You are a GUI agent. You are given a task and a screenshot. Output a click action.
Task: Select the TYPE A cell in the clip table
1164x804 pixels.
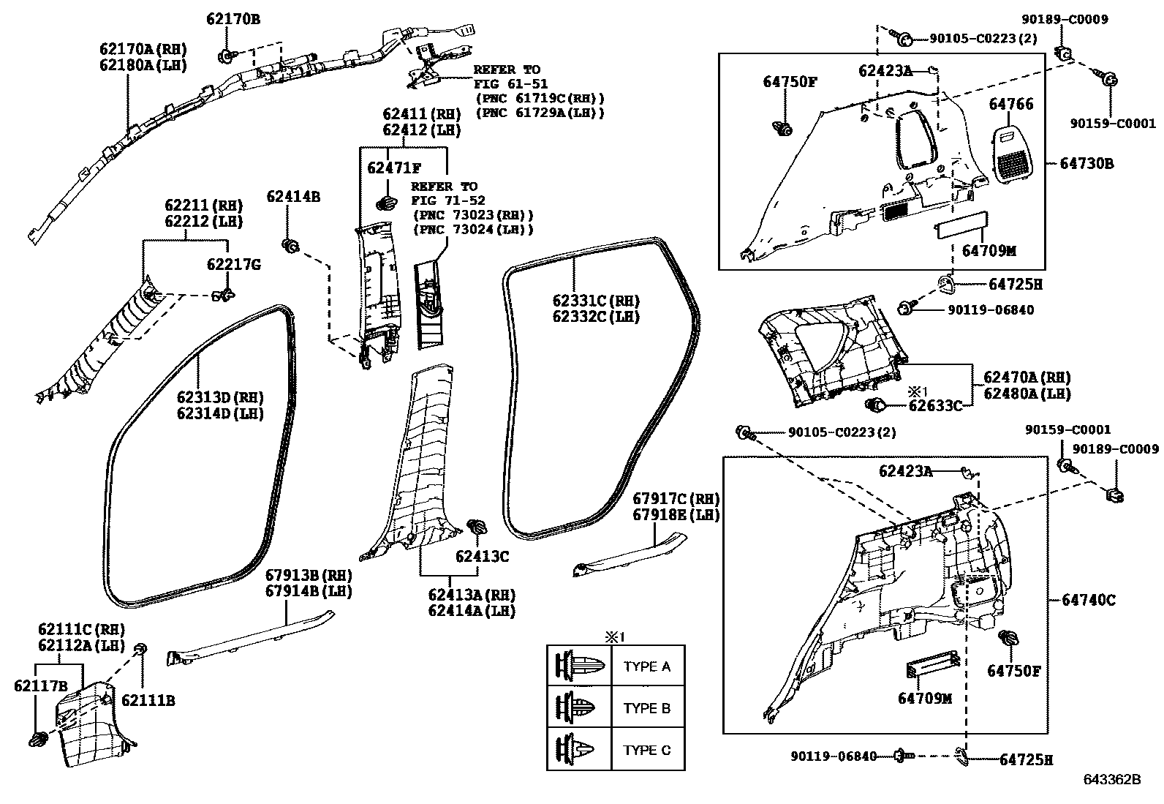[647, 666]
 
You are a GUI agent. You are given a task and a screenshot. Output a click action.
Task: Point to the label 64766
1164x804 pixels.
[1011, 105]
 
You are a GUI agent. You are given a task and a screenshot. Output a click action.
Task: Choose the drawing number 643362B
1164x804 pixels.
[1112, 779]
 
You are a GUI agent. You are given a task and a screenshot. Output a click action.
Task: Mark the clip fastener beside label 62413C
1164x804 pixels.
[477, 527]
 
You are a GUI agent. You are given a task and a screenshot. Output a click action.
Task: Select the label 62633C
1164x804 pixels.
[935, 405]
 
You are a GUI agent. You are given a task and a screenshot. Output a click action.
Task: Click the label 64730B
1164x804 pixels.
[1086, 164]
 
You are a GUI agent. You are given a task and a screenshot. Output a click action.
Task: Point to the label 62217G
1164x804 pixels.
[233, 265]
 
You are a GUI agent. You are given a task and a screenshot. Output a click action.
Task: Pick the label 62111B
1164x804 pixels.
[148, 700]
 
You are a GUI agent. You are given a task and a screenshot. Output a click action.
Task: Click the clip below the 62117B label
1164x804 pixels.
[37, 739]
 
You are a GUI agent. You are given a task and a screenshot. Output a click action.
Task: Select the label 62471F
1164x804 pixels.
[394, 168]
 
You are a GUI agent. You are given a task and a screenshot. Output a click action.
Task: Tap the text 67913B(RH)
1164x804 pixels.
[309, 574]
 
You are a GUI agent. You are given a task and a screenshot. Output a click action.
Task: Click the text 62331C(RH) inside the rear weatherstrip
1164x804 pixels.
[596, 301]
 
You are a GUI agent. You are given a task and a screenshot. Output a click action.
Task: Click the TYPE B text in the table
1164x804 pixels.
[647, 708]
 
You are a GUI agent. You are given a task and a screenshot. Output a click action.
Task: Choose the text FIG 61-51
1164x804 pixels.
[510, 84]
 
